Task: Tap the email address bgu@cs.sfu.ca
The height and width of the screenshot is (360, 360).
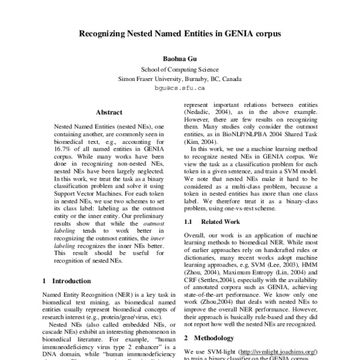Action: coord(180,87)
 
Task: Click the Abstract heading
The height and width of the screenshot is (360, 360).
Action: coord(109,112)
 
